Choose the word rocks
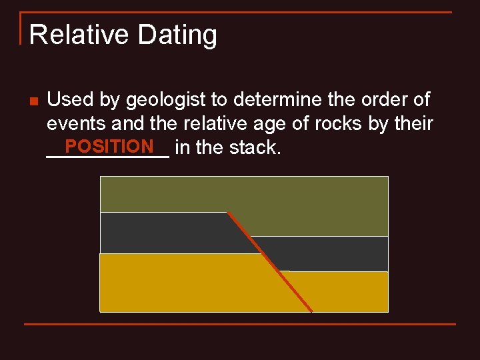pyautogui.click(x=344, y=124)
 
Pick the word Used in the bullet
pyautogui.click(x=70, y=100)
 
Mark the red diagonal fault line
pyautogui.click(x=270, y=262)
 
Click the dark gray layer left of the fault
pyautogui.click(x=167, y=233)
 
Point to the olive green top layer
pyautogui.click(x=243, y=194)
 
